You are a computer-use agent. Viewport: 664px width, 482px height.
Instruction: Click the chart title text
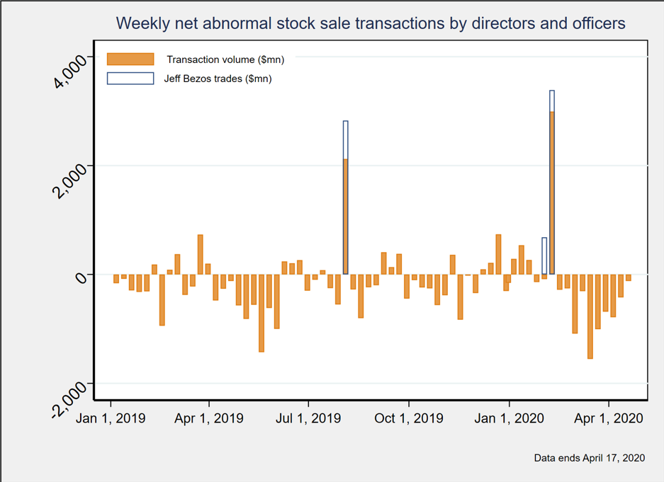(x=370, y=23)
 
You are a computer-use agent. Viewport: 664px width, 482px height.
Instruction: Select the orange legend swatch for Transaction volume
(x=130, y=59)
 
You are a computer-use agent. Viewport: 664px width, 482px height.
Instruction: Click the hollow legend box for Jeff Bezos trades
(x=130, y=79)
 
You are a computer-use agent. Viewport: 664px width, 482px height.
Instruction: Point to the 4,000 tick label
(x=69, y=70)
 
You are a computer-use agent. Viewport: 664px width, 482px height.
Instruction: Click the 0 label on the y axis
(x=79, y=276)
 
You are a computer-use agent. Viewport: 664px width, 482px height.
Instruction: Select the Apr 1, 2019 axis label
(x=209, y=418)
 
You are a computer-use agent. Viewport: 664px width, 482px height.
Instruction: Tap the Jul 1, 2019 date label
(x=308, y=418)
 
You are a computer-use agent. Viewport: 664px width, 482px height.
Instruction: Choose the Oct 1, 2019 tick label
(x=409, y=418)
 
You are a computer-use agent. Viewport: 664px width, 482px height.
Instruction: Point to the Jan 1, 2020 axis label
(x=509, y=418)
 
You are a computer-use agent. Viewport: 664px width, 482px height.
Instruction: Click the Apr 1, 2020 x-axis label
(x=609, y=418)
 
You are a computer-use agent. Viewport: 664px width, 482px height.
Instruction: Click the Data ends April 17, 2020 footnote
(x=589, y=458)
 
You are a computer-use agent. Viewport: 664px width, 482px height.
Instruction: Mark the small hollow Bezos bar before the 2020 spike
(x=544, y=256)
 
